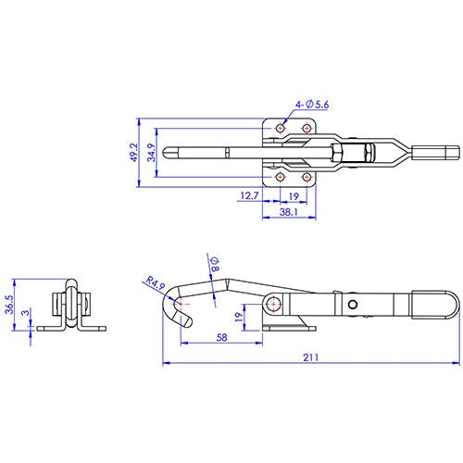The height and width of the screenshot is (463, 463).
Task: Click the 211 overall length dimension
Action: pos(310,357)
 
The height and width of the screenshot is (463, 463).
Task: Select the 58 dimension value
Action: pos(221,337)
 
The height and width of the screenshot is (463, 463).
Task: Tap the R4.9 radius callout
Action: pos(156,283)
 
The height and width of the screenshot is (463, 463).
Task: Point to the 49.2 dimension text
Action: pos(133,152)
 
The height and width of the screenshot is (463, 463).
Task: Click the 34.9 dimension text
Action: pos(151,153)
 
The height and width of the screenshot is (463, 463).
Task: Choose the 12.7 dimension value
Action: pos(249,195)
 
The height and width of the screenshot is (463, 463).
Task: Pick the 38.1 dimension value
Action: pos(289,212)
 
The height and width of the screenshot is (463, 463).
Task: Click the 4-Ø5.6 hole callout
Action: pos(312,105)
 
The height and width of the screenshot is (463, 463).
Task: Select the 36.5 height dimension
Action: pos(9,304)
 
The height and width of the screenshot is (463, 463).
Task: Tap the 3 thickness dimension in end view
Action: pos(26,312)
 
